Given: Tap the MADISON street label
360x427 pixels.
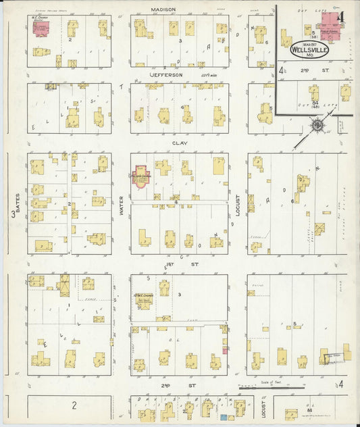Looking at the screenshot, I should pyautogui.click(x=163, y=9).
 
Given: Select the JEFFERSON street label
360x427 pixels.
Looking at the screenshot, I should pyautogui.click(x=166, y=75).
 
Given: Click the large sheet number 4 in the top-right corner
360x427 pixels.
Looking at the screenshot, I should pyautogui.click(x=343, y=17).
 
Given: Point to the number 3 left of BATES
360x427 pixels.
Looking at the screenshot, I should pyautogui.click(x=13, y=216).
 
